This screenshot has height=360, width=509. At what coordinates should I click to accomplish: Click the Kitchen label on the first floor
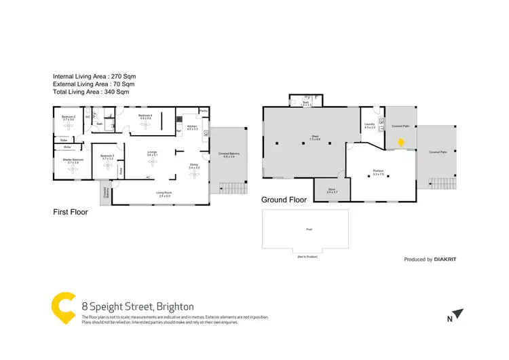pyautogui.click(x=191, y=126)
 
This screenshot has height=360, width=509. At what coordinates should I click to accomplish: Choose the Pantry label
pyautogui.click(x=203, y=111)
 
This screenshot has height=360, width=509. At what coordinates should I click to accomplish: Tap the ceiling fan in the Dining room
pyautogui.click(x=193, y=173)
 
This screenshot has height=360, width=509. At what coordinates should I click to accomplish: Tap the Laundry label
pyautogui.click(x=369, y=125)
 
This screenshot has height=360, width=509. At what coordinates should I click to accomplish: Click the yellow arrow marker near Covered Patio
pyautogui.click(x=400, y=143)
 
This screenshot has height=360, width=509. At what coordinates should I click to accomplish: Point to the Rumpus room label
pyautogui.click(x=379, y=172)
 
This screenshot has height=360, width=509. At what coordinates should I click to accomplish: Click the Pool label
pyautogui.click(x=309, y=230)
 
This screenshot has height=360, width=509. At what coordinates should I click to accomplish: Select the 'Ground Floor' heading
pyautogui.click(x=284, y=200)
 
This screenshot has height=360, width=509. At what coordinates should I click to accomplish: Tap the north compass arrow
pyautogui.click(x=459, y=314)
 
